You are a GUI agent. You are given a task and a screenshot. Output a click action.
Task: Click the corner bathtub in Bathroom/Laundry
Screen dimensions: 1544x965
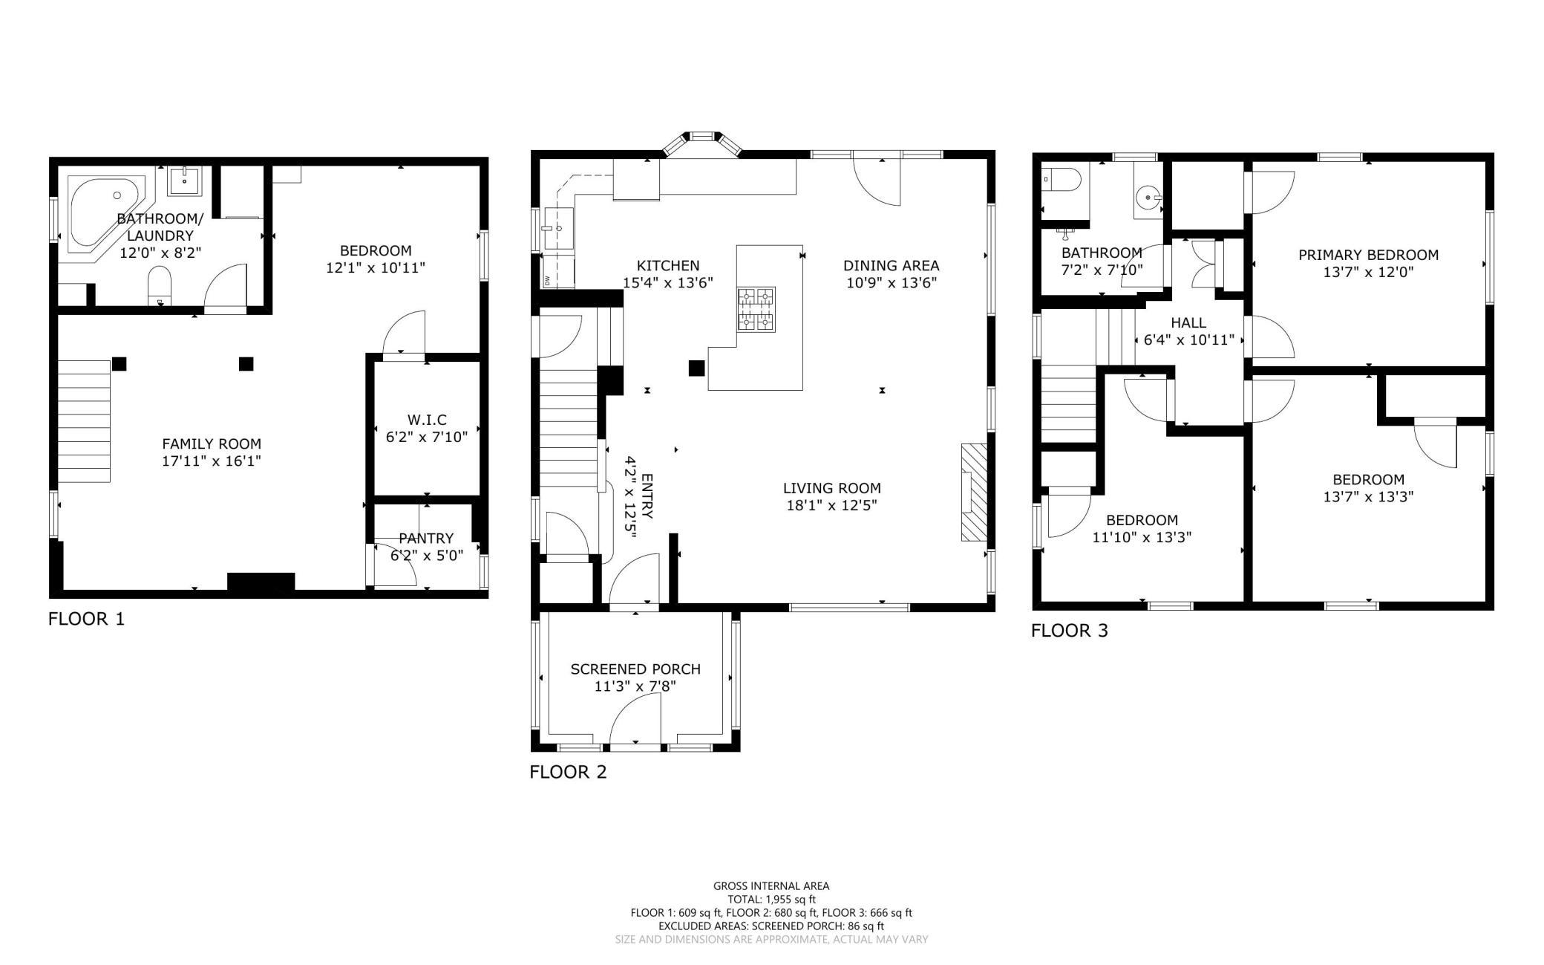104,211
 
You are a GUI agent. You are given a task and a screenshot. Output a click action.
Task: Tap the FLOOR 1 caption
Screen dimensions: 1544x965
87,619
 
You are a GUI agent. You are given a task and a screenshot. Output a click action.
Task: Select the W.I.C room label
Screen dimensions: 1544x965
427,420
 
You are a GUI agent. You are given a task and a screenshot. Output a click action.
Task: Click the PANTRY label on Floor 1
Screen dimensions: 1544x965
426,539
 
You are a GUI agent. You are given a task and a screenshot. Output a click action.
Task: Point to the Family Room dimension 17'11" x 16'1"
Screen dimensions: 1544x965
212,461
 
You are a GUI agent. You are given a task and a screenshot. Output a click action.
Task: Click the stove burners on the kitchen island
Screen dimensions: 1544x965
756,308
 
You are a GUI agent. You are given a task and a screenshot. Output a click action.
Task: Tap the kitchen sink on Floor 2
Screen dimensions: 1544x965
559,230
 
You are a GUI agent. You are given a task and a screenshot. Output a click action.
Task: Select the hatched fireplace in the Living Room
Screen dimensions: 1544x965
974,493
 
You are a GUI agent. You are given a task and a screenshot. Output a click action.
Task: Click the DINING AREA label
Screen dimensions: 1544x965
892,265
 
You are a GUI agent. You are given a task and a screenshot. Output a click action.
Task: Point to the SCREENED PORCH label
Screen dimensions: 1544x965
635,669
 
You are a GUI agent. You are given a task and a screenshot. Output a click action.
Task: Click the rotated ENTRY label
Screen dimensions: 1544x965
647,496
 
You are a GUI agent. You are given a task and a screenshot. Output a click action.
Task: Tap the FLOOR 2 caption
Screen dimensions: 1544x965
568,772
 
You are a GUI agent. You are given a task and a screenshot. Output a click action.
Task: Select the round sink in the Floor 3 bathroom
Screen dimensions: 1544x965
1148,198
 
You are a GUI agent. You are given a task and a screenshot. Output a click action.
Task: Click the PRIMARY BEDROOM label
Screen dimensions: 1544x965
1368,255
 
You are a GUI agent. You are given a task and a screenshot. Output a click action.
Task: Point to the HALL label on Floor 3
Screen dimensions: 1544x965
1188,323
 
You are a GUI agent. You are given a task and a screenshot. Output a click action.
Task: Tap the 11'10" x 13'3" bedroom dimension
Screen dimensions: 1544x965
1142,538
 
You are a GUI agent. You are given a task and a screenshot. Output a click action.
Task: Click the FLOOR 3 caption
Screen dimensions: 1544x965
1070,631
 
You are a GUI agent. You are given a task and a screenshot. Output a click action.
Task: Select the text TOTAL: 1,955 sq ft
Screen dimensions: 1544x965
771,900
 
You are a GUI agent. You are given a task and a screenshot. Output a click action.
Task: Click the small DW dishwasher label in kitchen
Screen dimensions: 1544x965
548,280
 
